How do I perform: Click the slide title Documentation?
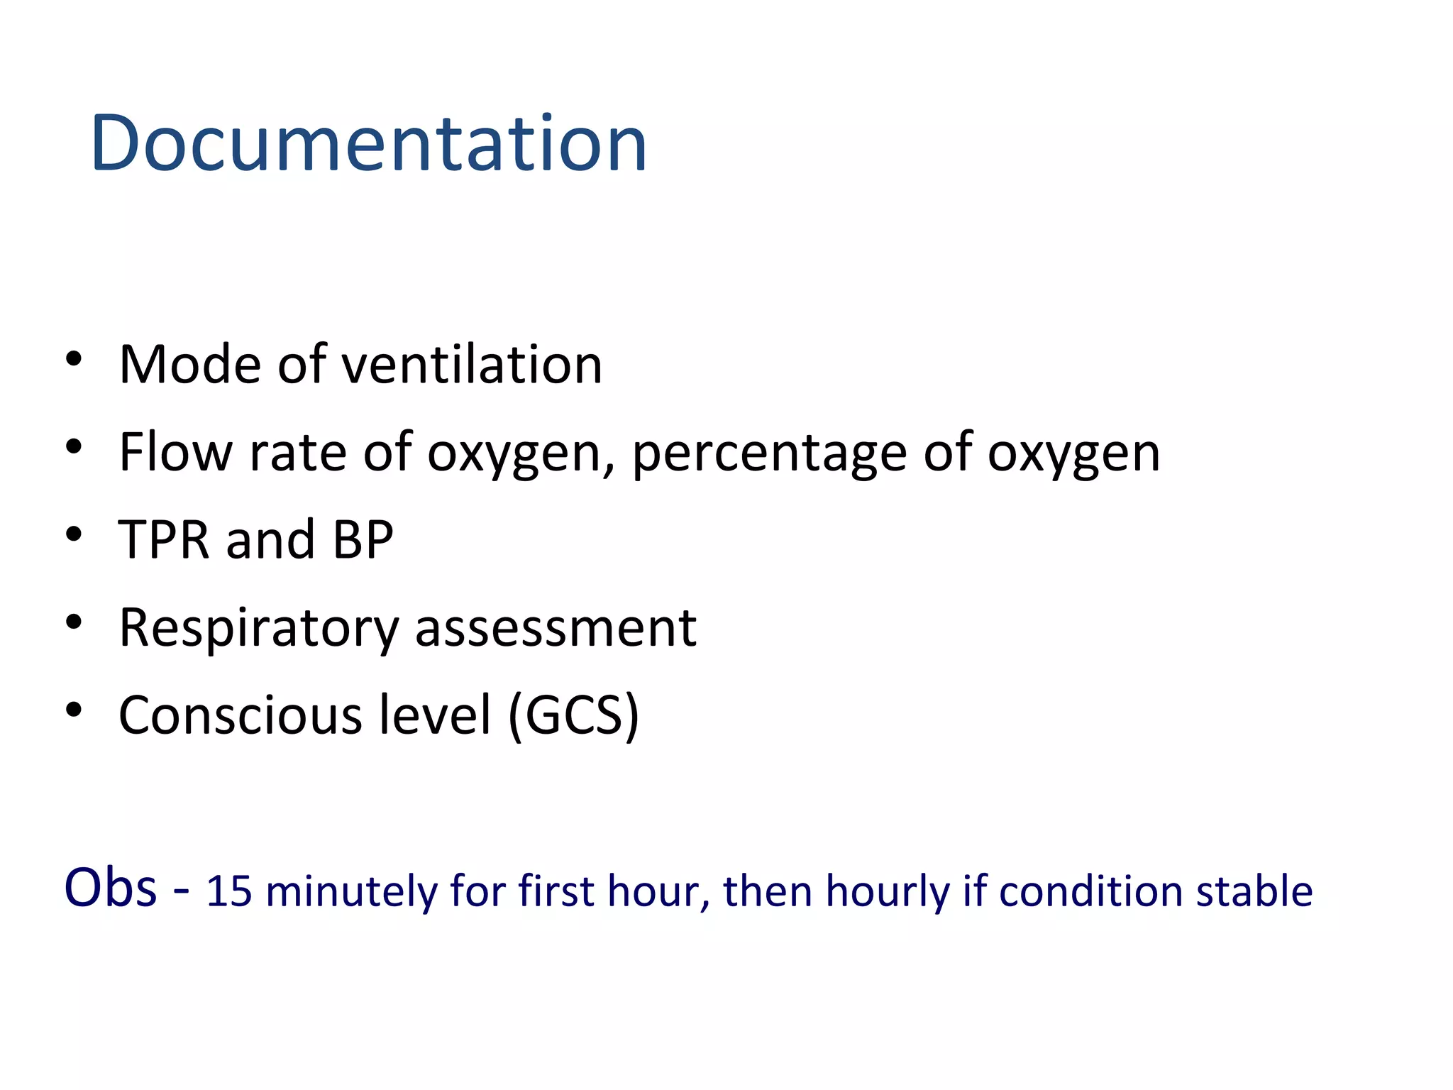(368, 143)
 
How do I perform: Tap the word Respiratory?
(259, 629)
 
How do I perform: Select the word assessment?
(556, 629)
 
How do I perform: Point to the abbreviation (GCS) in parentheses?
(573, 715)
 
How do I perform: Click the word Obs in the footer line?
(110, 888)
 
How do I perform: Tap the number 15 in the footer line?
(228, 891)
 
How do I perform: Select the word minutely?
(352, 891)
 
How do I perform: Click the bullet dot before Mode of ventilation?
(74, 358)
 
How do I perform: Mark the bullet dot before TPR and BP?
(74, 534)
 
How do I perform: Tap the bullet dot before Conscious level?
(74, 709)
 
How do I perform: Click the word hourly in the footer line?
(887, 891)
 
